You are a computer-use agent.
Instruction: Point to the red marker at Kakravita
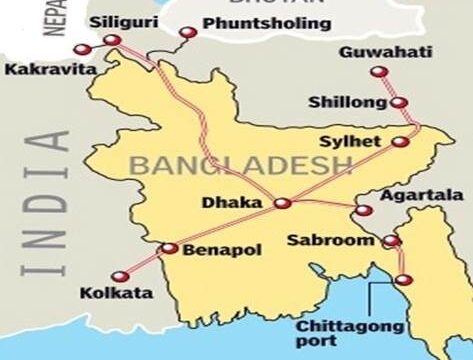click(80, 47)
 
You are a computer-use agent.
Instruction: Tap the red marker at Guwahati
click(377, 71)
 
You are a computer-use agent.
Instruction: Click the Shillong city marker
click(399, 102)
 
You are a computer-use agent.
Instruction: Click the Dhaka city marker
click(283, 204)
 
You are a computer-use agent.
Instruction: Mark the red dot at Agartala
click(363, 211)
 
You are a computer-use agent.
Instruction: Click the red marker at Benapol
click(169, 249)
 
